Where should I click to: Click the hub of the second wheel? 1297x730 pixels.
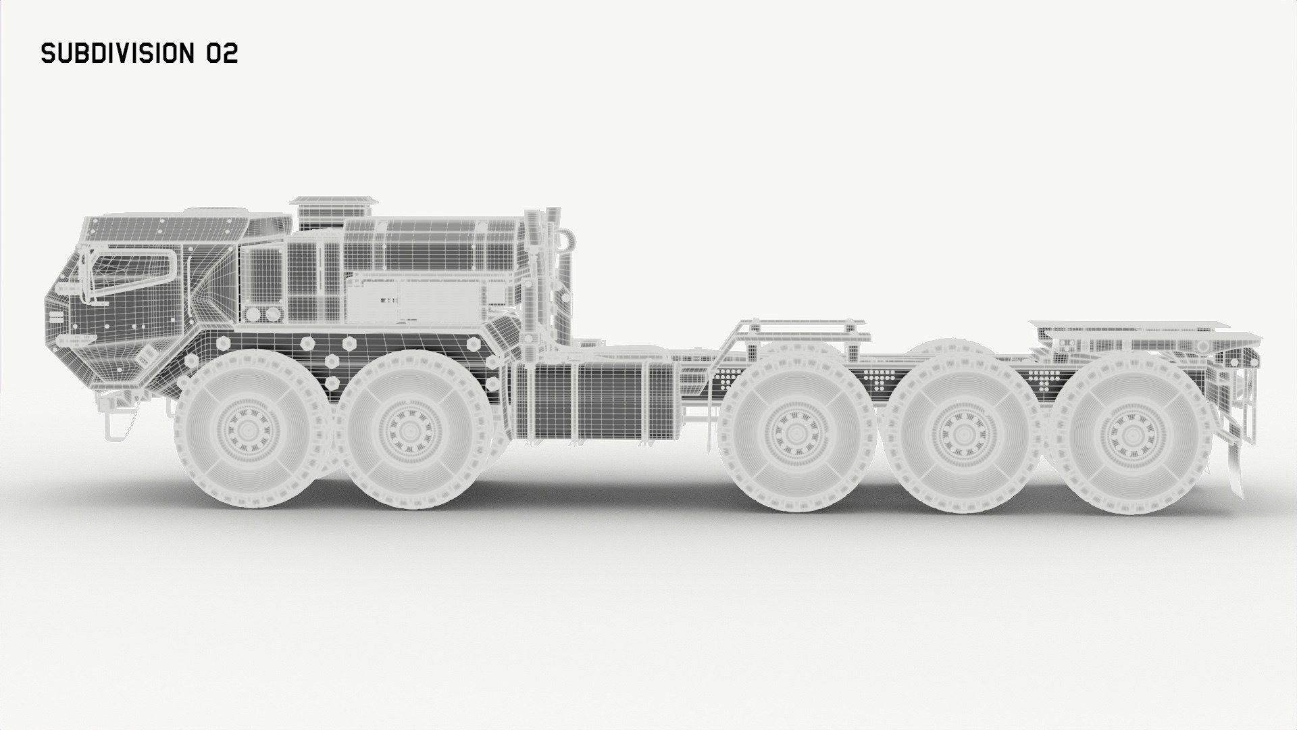tap(409, 430)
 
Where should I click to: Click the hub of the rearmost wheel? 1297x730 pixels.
tap(1124, 431)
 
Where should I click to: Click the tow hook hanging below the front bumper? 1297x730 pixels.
tap(111, 422)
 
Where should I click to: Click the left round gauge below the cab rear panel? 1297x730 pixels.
tap(253, 314)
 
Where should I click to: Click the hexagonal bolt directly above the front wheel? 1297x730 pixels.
tap(222, 343)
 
